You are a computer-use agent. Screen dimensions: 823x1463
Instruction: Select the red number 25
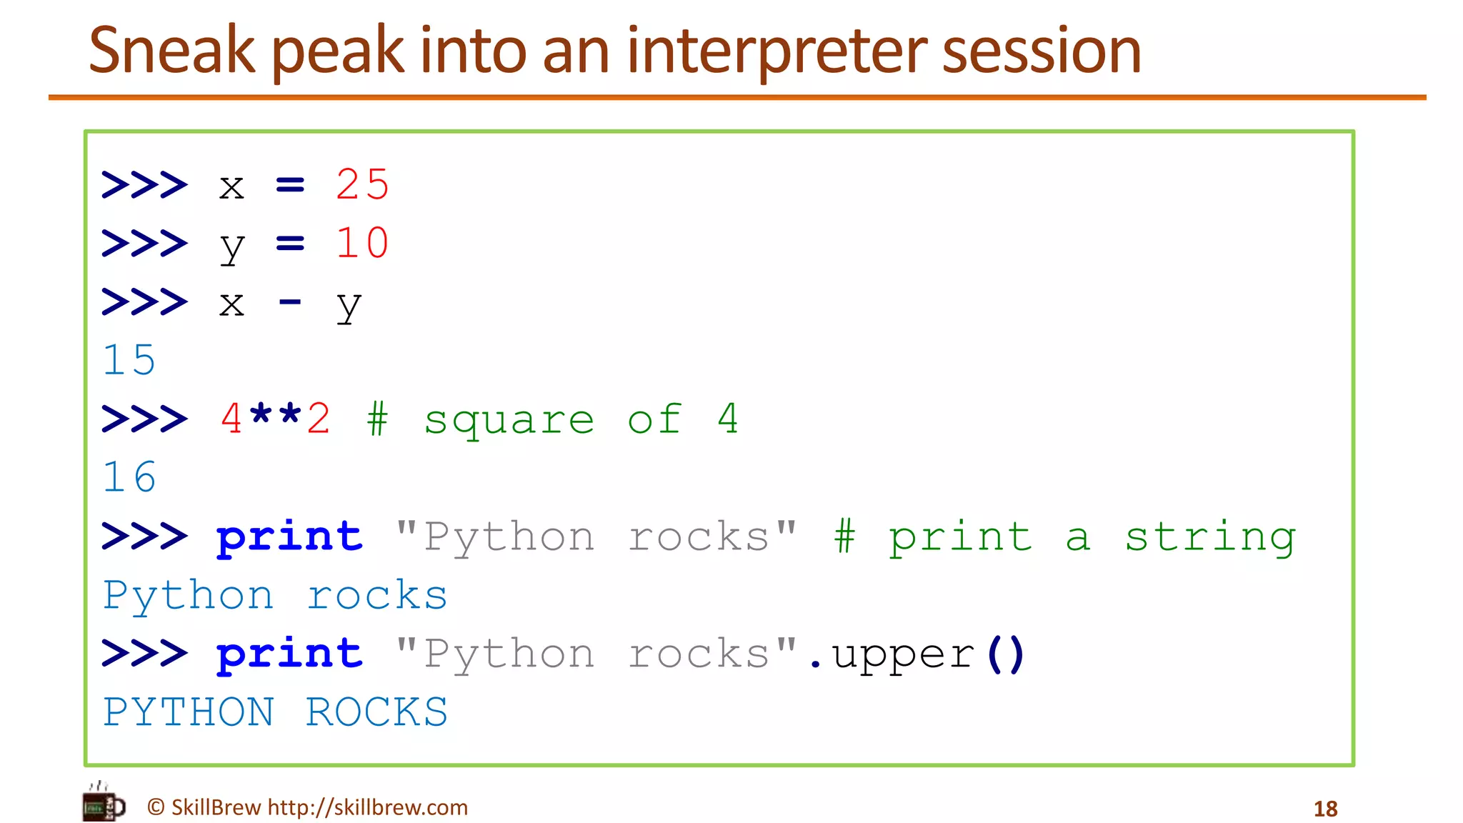[x=362, y=184]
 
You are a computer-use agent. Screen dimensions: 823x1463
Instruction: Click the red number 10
[x=362, y=243]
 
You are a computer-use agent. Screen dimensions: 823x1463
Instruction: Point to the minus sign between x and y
[x=289, y=303]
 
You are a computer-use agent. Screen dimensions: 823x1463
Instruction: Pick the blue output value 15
[x=129, y=359]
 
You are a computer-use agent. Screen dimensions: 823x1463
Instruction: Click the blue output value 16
[x=129, y=477]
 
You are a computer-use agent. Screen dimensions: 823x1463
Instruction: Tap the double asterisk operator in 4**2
[x=275, y=417]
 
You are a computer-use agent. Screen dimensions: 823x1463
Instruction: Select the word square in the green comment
[x=509, y=420]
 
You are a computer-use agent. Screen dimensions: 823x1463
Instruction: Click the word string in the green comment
[x=1210, y=537]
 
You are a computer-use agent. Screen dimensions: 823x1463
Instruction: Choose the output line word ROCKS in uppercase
[x=376, y=712]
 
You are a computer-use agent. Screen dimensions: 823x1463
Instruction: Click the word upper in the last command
[x=903, y=655]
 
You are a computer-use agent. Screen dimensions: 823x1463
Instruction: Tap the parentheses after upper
[x=1006, y=654]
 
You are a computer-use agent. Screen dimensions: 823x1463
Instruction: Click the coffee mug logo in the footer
[x=103, y=804]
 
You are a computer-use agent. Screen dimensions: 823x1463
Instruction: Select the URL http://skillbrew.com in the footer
[x=367, y=807]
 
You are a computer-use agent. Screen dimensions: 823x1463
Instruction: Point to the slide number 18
[x=1325, y=809]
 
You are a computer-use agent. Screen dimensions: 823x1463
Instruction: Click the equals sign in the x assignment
[x=290, y=185]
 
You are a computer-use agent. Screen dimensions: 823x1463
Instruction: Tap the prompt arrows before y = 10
[x=144, y=243]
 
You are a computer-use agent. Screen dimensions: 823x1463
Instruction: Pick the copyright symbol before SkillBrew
[x=156, y=807]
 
